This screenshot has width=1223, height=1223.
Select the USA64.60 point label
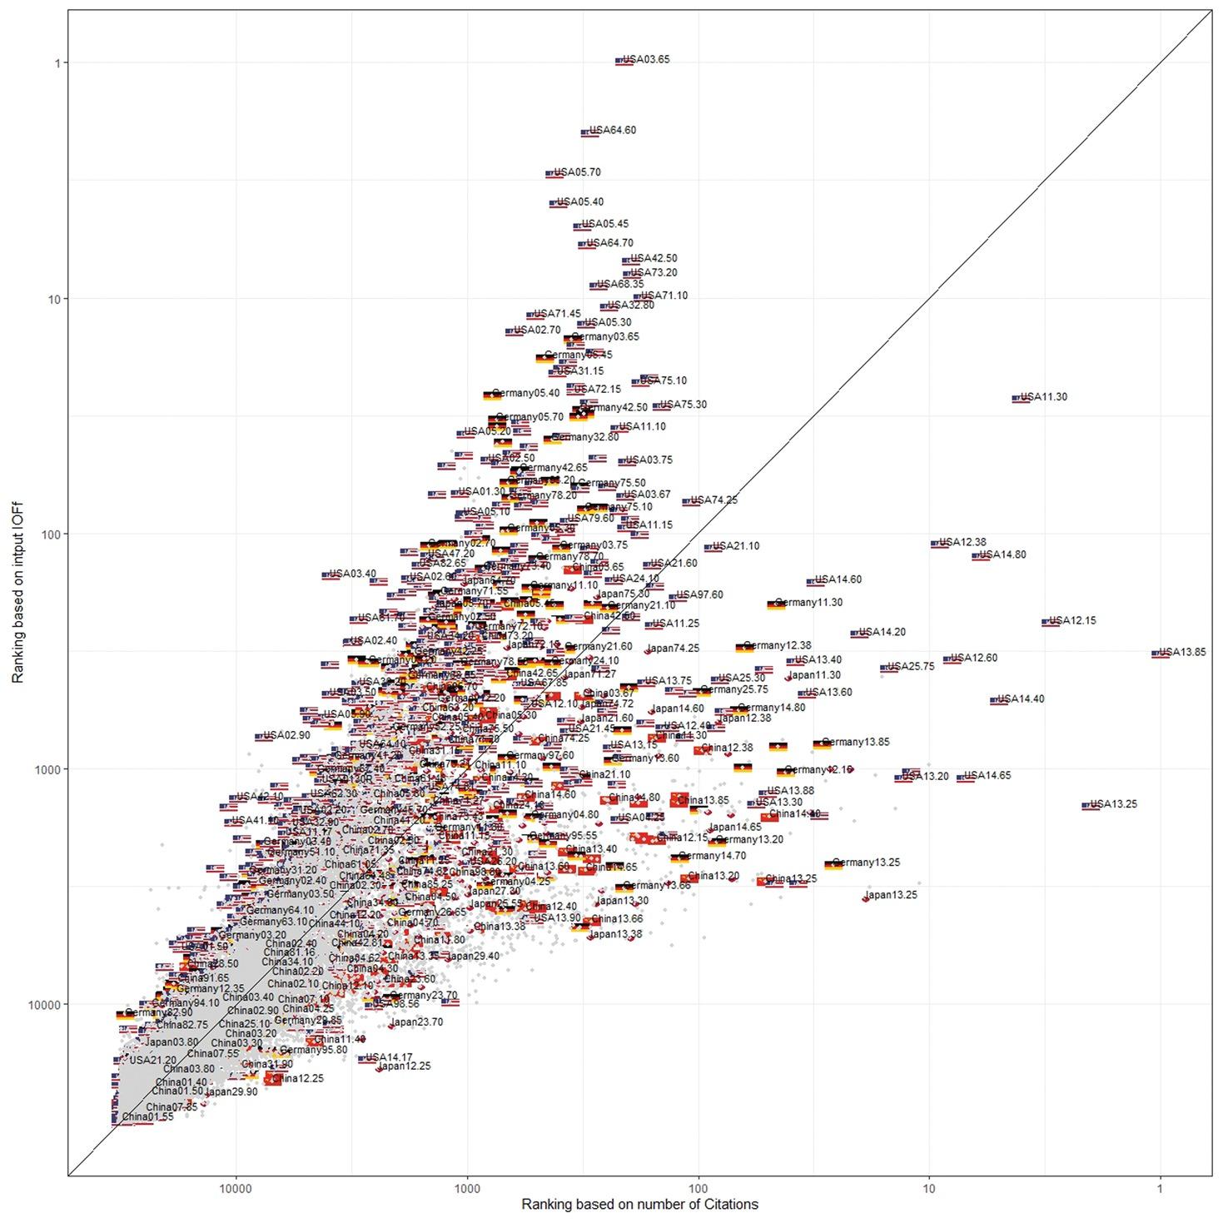click(613, 131)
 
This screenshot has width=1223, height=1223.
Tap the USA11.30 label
click(1043, 397)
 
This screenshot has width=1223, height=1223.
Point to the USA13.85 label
click(1182, 653)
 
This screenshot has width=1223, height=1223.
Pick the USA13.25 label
click(1113, 804)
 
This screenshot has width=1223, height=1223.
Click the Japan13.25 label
click(891, 896)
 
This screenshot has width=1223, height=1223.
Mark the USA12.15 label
click(1072, 621)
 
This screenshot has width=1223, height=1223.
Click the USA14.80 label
click(1002, 555)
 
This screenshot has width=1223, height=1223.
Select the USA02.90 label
click(286, 736)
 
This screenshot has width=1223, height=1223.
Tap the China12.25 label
click(298, 1079)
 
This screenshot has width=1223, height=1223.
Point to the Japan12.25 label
click(404, 1066)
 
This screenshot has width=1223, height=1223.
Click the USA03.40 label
click(353, 574)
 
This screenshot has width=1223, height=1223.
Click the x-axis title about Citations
click(639, 1205)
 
